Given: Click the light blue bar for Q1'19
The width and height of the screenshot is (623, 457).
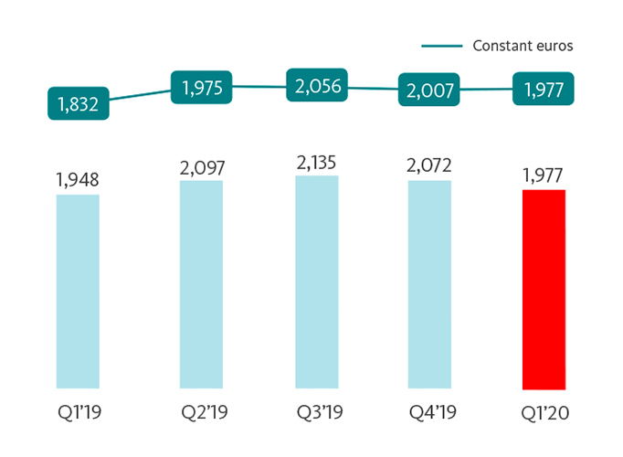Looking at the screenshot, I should tap(78, 292).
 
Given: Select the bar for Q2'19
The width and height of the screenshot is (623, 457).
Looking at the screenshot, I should tap(201, 284).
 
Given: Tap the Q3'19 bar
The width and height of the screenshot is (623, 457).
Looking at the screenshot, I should tap(316, 282).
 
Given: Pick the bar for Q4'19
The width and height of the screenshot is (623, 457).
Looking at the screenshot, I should tap(429, 284).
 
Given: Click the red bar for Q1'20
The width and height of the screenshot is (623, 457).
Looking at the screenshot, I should tap(544, 290).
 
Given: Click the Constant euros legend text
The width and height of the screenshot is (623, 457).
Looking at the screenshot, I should tap(523, 45).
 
